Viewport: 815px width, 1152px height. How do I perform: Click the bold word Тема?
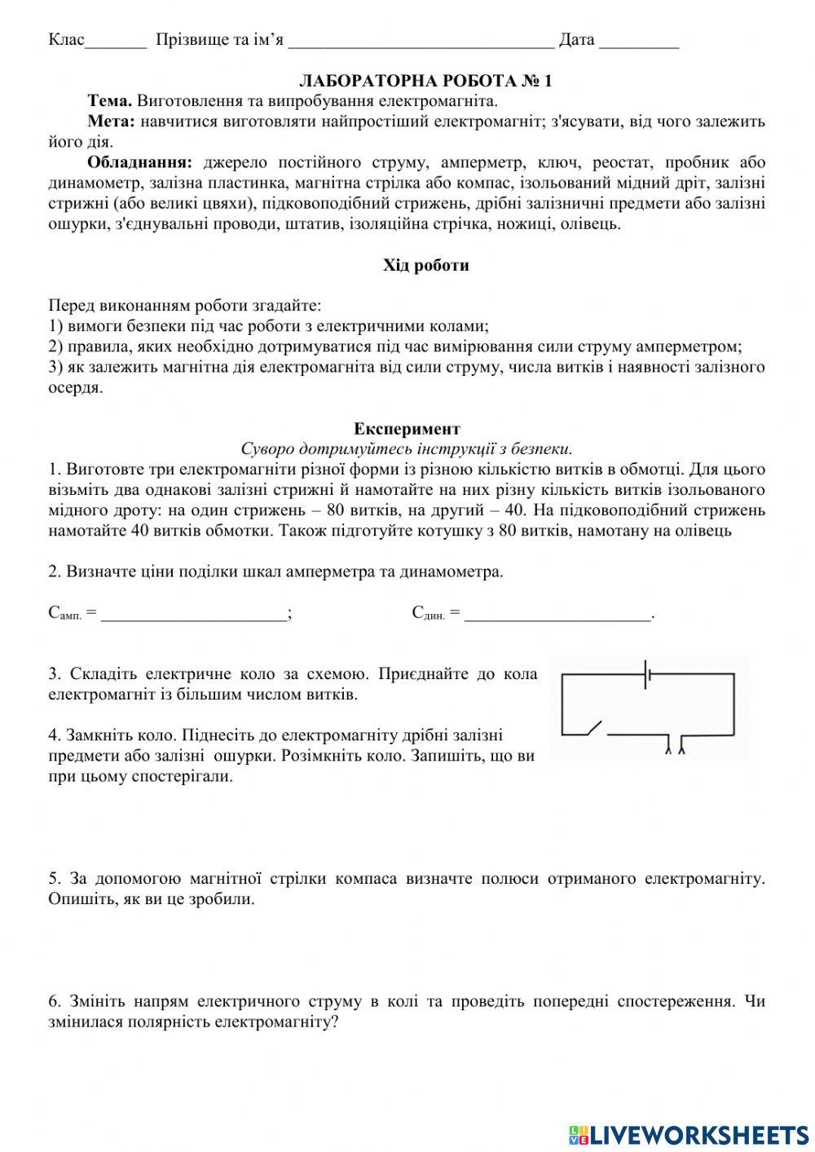(110, 101)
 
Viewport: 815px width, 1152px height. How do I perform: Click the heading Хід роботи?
(425, 265)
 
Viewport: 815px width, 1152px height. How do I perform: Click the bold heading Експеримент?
(407, 428)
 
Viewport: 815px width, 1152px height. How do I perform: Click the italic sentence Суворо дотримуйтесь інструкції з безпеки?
(407, 448)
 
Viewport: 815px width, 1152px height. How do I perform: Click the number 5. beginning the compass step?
(55, 880)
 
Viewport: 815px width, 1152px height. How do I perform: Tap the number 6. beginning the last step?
(55, 1001)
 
